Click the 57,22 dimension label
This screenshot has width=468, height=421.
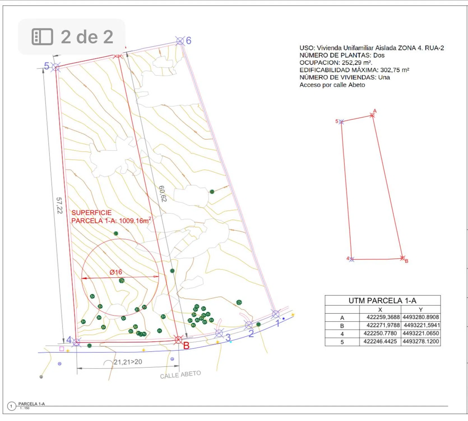point(59,205)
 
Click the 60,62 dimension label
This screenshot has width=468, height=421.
point(163,194)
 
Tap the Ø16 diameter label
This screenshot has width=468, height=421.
point(116,272)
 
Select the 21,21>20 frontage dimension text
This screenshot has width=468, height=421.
point(128,362)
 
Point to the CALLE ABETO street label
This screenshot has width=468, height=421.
point(180,374)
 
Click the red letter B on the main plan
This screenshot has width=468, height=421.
point(186,346)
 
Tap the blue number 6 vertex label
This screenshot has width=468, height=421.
point(189,40)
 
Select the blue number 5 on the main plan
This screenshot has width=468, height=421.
point(47,66)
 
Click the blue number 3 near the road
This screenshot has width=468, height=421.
point(228,337)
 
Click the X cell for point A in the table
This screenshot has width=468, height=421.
point(383,317)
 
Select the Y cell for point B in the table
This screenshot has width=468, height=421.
point(422,325)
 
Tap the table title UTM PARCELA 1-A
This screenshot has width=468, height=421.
point(383,301)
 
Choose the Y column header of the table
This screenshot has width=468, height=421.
point(421,310)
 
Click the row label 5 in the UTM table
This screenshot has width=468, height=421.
point(342,342)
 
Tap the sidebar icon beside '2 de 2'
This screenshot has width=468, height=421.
point(42,37)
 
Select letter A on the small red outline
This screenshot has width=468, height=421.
point(375,111)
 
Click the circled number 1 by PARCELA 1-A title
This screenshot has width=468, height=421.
point(11,406)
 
